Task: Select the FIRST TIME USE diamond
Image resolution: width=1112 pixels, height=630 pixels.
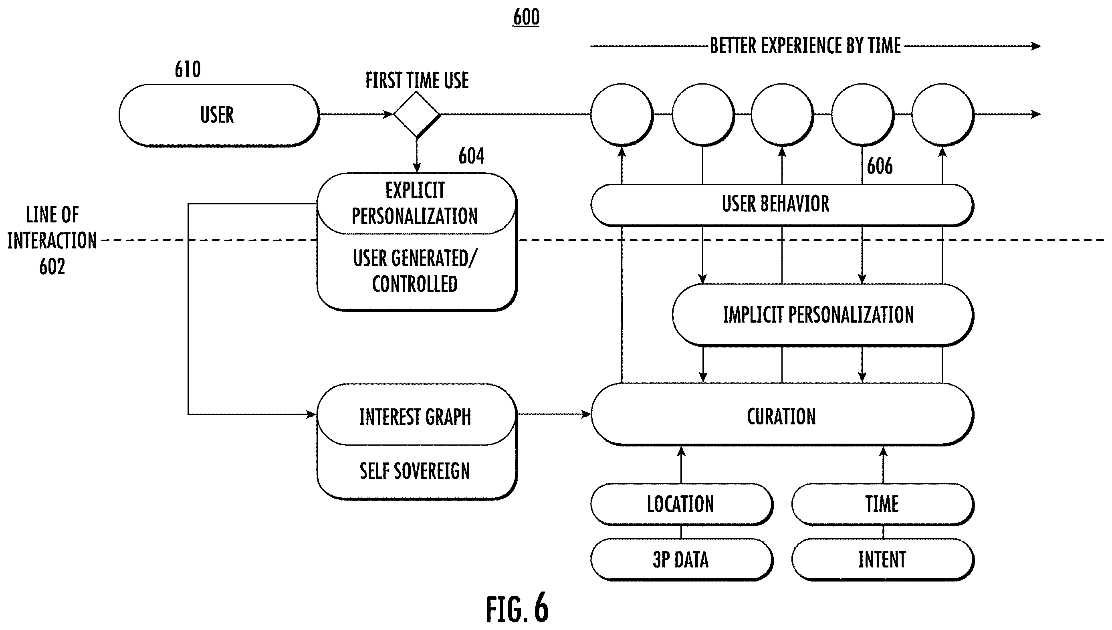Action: point(416,114)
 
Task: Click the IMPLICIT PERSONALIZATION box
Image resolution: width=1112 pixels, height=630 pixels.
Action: point(823,315)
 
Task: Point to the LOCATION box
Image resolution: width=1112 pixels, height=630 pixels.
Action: point(682,505)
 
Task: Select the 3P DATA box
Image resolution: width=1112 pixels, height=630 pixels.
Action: point(682,559)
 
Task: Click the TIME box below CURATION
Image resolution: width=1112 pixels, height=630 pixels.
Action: point(883,505)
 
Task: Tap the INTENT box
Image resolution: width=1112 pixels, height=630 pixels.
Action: point(883,559)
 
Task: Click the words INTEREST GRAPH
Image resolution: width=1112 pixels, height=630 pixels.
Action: point(415,417)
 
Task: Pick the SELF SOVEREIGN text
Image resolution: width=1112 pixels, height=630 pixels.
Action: point(415,471)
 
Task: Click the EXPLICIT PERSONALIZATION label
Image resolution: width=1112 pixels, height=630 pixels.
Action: point(415,203)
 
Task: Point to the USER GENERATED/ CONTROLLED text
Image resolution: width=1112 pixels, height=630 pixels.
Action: point(415,271)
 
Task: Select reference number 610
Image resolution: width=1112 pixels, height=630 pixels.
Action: point(188,69)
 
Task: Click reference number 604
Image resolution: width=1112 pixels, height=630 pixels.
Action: point(471,156)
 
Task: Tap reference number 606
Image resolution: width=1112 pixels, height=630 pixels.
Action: point(880,166)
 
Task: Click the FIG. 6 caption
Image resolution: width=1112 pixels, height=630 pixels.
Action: point(517,608)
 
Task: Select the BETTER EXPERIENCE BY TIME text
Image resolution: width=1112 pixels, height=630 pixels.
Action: point(805,46)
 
